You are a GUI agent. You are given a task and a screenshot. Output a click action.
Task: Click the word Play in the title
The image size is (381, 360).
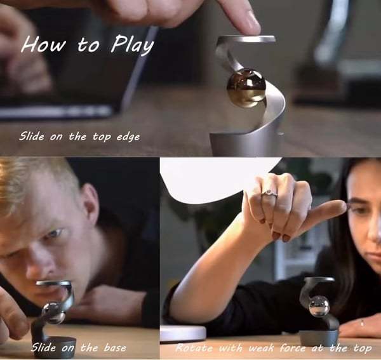133,44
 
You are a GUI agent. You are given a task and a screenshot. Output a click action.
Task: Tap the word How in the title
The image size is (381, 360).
44,44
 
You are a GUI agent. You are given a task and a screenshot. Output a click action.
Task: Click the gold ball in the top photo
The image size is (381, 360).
246,88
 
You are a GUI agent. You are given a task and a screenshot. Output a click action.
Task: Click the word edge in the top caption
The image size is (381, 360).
128,137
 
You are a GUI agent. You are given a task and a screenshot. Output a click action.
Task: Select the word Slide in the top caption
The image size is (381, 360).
32,136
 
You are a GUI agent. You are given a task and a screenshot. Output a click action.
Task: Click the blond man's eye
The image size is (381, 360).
54,234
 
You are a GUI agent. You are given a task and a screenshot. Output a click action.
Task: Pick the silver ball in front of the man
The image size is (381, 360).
53,313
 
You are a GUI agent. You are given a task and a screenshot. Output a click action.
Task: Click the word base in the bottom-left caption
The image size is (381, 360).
115,348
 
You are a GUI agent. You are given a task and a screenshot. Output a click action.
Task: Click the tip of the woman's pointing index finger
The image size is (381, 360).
345,206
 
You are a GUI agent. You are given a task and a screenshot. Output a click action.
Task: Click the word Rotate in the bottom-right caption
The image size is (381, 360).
194,348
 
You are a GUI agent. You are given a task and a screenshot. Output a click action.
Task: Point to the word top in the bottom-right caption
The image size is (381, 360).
363,349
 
